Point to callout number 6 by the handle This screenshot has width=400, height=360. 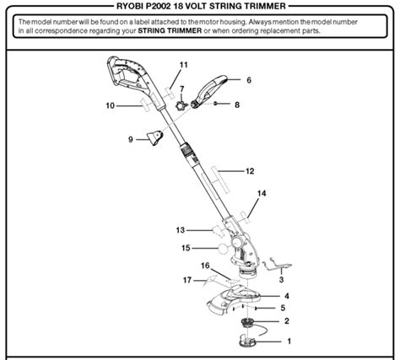tap(250, 80)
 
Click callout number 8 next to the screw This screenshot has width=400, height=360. tap(237, 105)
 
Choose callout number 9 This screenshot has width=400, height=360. tap(131, 139)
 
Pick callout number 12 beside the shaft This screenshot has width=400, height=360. tap(250, 170)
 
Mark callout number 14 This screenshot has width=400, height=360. tap(262, 194)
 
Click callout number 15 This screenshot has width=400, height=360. tap(186, 248)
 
